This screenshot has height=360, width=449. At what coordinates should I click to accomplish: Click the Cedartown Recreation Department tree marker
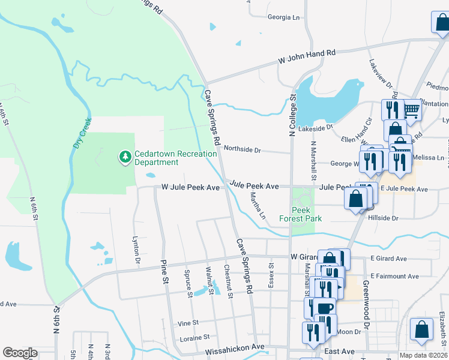coord(125,157)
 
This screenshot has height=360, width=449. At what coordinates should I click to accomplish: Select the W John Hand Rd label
coord(306,58)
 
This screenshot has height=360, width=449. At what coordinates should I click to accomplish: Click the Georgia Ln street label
coord(283,17)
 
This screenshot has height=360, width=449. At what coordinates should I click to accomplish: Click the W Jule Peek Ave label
coord(190,187)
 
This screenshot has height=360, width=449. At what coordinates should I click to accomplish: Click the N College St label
coord(292,114)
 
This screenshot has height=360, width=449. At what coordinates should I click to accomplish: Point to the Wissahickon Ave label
coord(235,347)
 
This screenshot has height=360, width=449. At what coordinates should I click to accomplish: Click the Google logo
coord(20,352)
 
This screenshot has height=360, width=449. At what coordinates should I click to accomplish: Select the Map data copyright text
coord(423,355)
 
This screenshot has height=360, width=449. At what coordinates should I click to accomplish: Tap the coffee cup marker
coord(325,308)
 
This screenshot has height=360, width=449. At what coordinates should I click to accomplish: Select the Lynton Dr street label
coord(136,250)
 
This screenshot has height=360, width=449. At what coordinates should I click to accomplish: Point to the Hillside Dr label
coord(387,218)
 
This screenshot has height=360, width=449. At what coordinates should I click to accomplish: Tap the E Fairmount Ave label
coord(394,276)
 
